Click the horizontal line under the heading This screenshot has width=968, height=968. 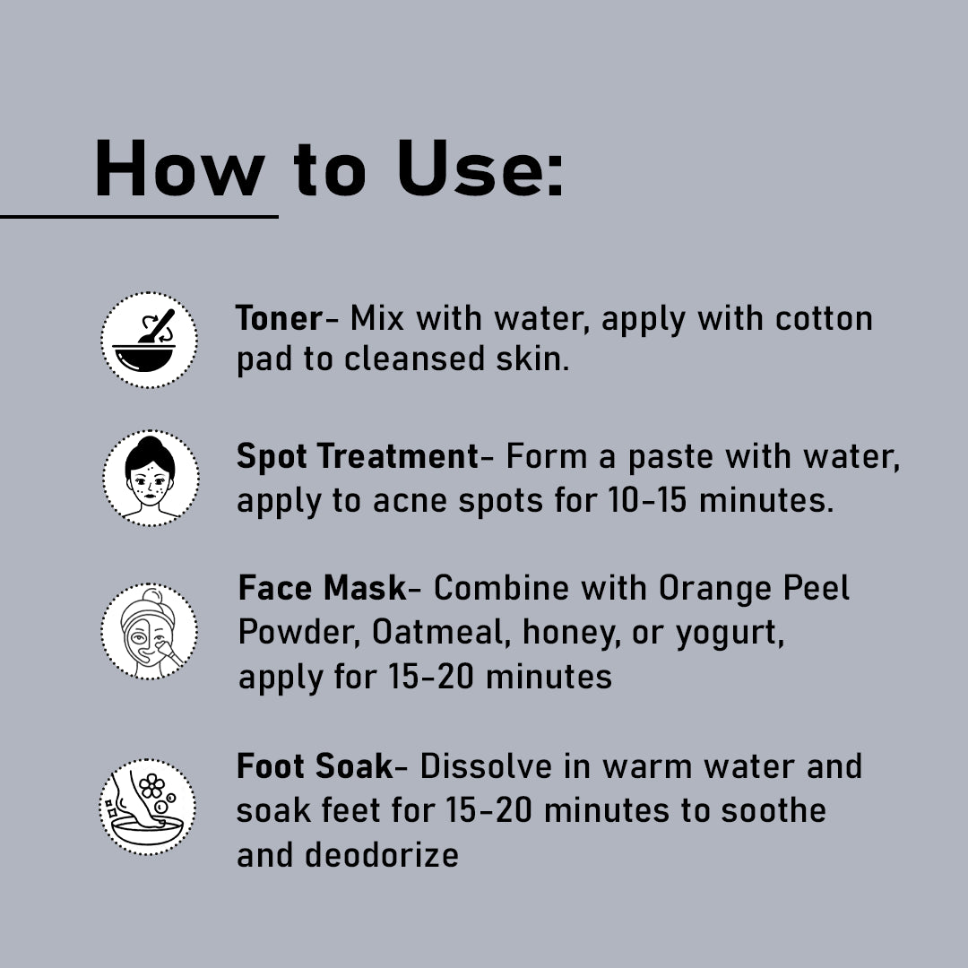pyautogui.click(x=139, y=216)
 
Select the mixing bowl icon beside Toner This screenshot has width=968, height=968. pyautogui.click(x=149, y=340)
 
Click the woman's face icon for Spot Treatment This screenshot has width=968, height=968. pyautogui.click(x=150, y=478)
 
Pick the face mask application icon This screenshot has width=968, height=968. pyautogui.click(x=149, y=631)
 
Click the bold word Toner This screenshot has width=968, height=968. pyautogui.click(x=279, y=318)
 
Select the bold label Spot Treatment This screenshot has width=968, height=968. pyautogui.click(x=358, y=456)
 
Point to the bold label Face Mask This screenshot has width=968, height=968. pyautogui.click(x=322, y=588)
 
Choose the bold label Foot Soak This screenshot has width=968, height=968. pyautogui.click(x=315, y=766)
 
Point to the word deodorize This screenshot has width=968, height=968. pyautogui.click(x=381, y=854)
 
